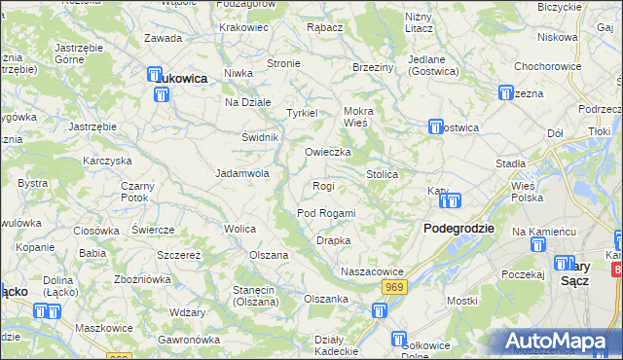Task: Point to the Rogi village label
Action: click(323, 186)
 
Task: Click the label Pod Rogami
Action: click(326, 213)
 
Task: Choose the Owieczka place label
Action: click(327, 153)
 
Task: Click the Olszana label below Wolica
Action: click(270, 255)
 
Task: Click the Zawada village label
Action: click(163, 38)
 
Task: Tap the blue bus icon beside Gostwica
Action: click(436, 127)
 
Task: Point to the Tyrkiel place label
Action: click(302, 113)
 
